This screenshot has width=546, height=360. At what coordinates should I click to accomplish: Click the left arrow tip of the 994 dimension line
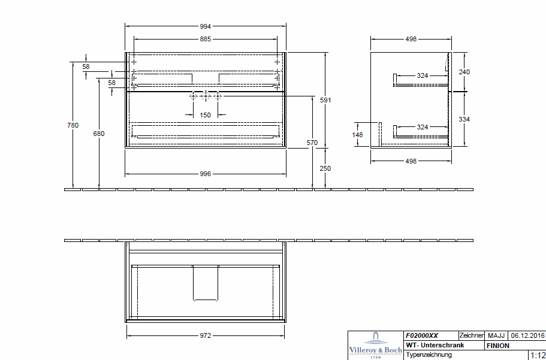point(125,26)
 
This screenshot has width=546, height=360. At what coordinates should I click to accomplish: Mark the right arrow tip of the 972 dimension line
point(284,335)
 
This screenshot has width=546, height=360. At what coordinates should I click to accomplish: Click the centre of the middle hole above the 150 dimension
point(206,96)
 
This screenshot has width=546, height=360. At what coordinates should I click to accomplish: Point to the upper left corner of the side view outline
point(371,53)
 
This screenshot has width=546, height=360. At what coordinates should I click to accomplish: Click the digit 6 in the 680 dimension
point(95,134)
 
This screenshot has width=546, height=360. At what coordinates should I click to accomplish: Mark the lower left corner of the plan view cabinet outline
point(125,322)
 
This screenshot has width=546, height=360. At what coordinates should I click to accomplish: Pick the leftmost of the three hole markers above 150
point(193,96)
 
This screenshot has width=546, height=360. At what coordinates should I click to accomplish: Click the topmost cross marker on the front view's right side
point(277,62)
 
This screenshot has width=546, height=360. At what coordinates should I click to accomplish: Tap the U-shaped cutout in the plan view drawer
point(206,283)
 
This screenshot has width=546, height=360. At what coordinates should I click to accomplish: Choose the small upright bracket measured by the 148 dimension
point(380,133)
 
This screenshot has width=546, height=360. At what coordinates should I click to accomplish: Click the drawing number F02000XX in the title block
point(422,335)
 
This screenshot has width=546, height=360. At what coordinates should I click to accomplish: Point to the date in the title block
point(527,335)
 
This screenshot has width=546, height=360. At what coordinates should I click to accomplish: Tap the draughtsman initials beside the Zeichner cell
point(496,335)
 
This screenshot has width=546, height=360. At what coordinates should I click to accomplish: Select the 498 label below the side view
point(411,161)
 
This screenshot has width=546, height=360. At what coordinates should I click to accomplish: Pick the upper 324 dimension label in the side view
point(423,75)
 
